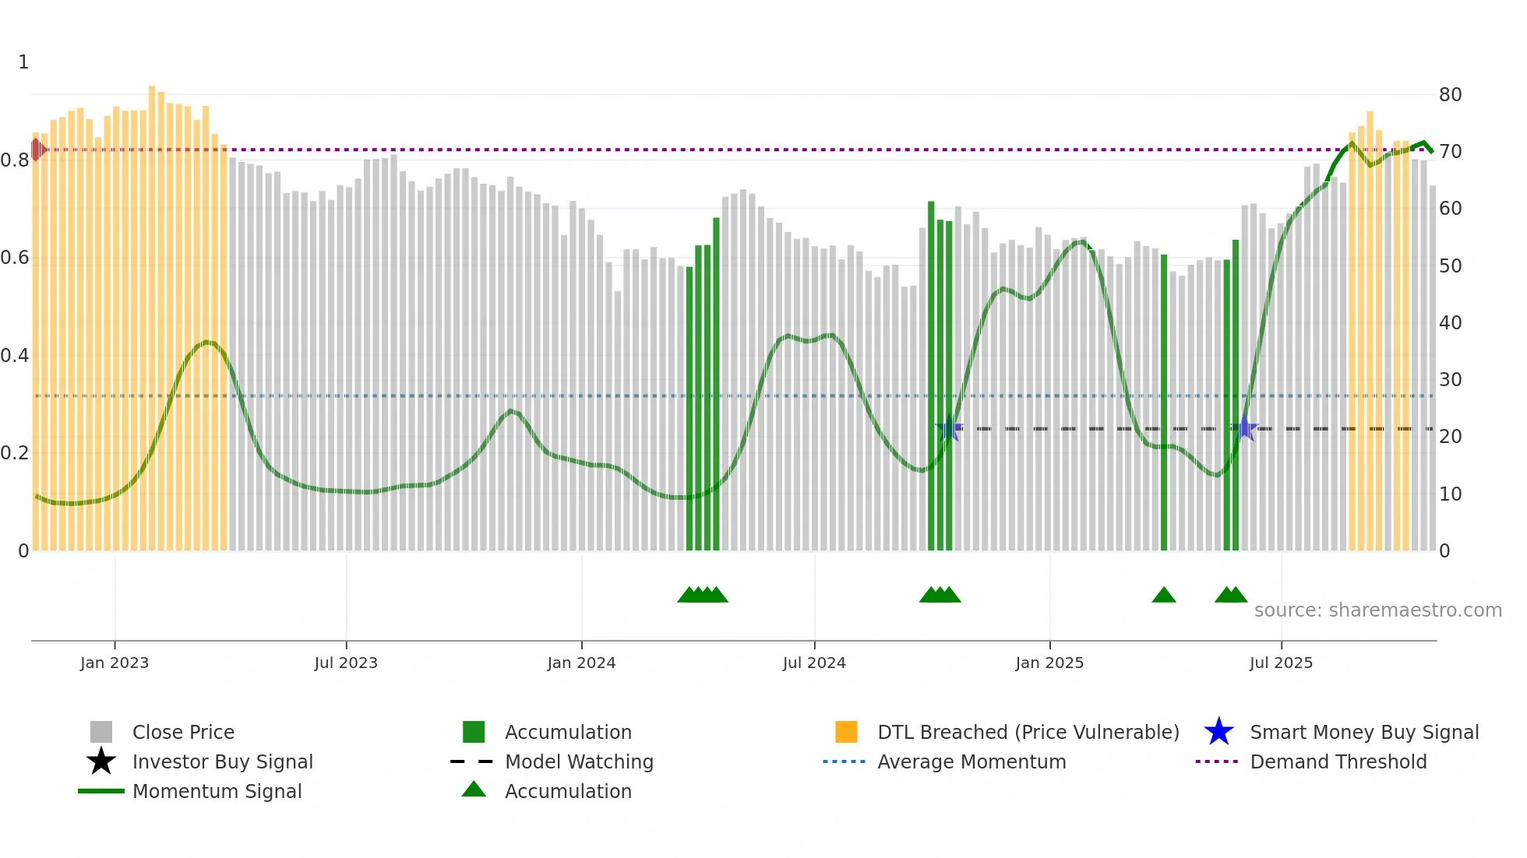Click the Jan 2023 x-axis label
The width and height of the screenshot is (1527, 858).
115,663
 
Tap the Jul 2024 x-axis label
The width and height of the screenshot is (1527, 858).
814,663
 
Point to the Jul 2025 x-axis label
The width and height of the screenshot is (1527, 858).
1281,663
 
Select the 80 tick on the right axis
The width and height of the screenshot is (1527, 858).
1450,95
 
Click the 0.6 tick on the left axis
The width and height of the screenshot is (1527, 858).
15,258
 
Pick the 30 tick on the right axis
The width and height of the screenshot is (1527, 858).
1450,380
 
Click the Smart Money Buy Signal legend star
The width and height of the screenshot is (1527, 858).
1218,732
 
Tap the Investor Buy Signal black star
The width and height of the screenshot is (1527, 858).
101,761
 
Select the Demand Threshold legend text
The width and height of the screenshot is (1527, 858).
1338,761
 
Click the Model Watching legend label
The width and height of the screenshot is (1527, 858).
579,761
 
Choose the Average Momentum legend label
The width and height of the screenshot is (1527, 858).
972,761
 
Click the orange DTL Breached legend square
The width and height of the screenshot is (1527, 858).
846,732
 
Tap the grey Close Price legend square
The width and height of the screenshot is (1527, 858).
101,732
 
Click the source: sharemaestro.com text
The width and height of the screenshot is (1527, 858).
1377,610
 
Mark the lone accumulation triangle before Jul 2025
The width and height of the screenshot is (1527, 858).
1164,596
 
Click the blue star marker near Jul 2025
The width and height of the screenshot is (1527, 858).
1245,428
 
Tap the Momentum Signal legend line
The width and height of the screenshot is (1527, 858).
101,791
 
